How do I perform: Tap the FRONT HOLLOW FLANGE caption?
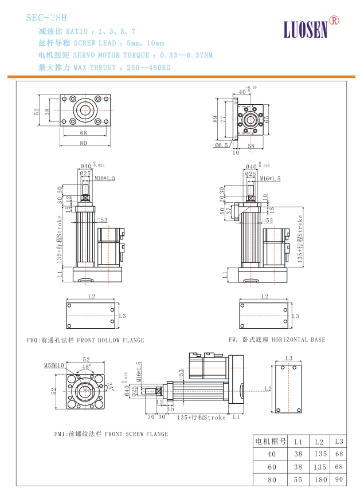(x=86, y=340)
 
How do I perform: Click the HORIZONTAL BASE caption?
(x=277, y=340)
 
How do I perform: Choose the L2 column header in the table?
(x=319, y=442)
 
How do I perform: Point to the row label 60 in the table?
(x=272, y=466)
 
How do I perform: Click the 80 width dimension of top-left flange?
(x=83, y=143)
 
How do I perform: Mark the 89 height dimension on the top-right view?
(x=215, y=119)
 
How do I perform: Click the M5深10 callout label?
(x=54, y=365)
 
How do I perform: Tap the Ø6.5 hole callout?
(x=221, y=145)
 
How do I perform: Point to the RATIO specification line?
(x=87, y=31)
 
